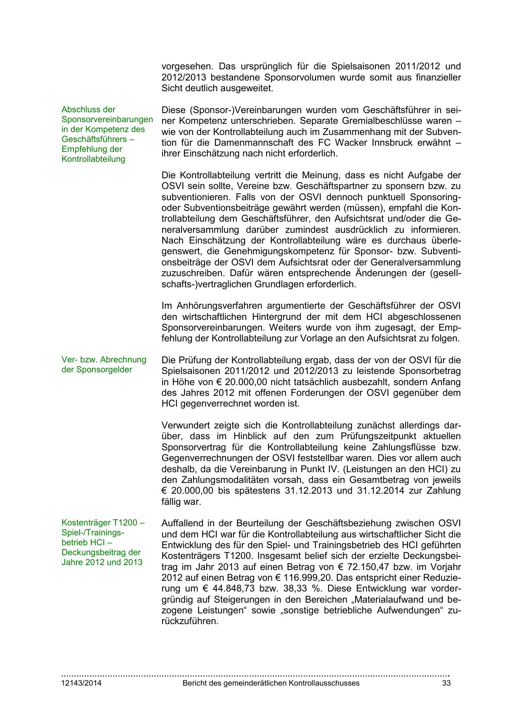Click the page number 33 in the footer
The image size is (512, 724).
tap(446, 683)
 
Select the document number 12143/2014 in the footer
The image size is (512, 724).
tap(81, 683)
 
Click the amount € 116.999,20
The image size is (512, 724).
tap(269, 578)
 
